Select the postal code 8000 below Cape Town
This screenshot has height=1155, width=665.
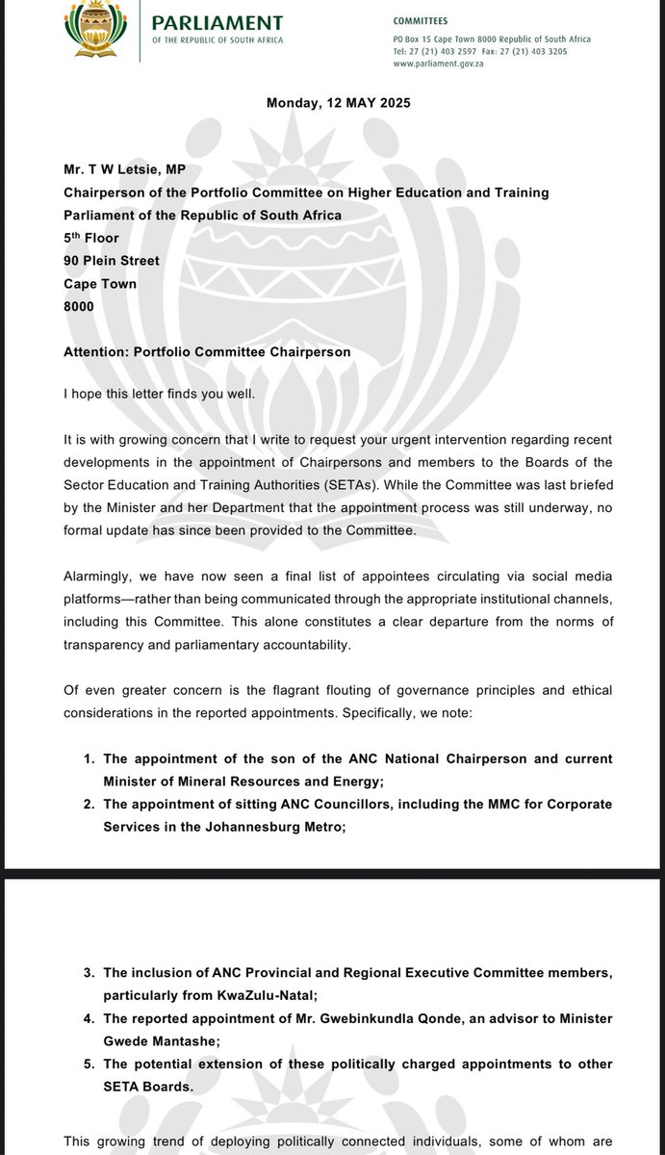click(x=80, y=307)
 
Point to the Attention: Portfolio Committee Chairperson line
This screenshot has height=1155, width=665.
click(x=207, y=352)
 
